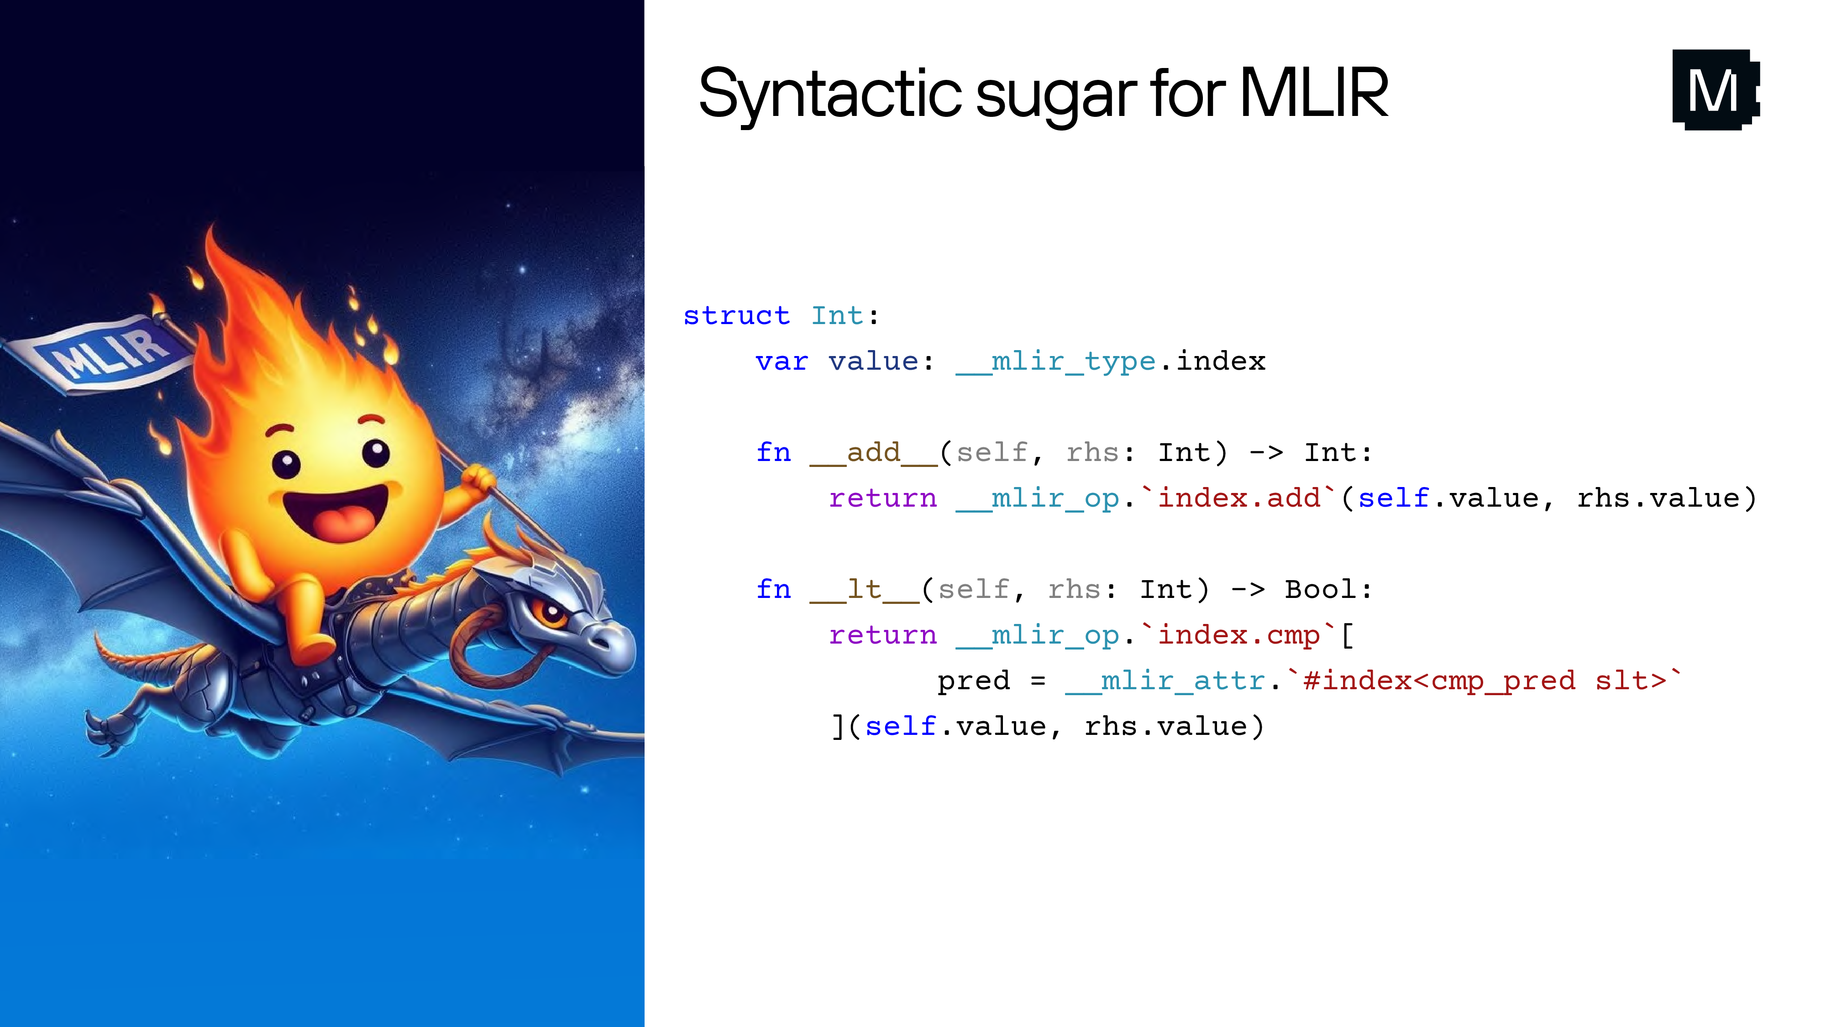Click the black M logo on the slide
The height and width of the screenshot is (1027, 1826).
pyautogui.click(x=1715, y=90)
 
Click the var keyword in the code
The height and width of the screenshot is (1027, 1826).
pyautogui.click(x=781, y=362)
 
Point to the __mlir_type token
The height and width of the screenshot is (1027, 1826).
pyautogui.click(x=1055, y=362)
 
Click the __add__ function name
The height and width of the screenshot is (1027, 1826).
pyautogui.click(x=873, y=453)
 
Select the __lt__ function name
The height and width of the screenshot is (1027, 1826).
pyautogui.click(x=864, y=590)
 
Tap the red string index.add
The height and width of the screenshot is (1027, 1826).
pyautogui.click(x=1239, y=498)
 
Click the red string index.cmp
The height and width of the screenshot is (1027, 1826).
pyautogui.click(x=1239, y=635)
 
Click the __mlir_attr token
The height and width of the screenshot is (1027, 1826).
pyautogui.click(x=1165, y=681)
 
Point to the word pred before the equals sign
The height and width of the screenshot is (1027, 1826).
pyautogui.click(x=973, y=681)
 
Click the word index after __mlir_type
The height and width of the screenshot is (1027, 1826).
pyautogui.click(x=1221, y=362)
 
